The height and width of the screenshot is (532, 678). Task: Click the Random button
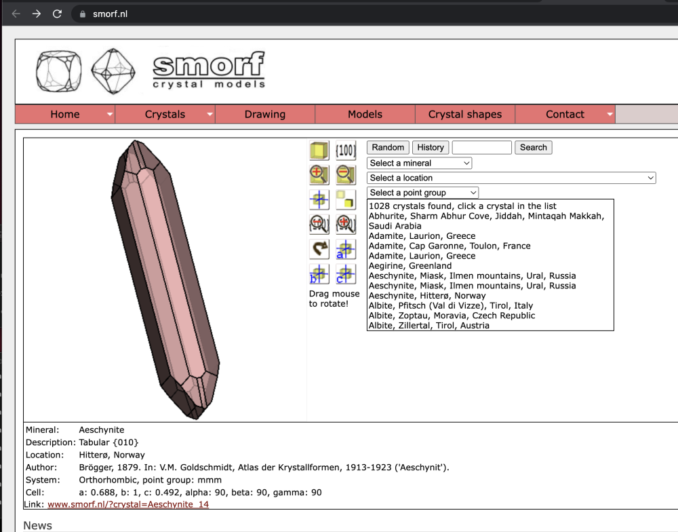388,147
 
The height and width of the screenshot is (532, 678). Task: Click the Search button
534,147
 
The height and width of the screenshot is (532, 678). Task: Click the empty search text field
481,147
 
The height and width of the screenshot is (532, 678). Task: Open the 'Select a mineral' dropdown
419,163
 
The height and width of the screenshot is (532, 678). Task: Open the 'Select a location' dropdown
511,178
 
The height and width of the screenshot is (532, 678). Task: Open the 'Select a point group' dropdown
422,193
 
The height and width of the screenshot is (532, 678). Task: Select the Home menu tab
65,114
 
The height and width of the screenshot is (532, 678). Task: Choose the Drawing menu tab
265,114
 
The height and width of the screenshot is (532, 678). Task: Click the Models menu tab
365,114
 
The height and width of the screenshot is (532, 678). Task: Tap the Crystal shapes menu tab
465,114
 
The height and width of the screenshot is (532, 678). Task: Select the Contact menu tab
565,114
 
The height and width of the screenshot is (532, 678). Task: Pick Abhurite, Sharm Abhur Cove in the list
485,216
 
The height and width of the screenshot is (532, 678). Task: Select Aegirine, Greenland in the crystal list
410,266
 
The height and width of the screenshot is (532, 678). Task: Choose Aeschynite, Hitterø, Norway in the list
426,296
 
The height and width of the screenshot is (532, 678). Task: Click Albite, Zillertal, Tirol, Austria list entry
428,326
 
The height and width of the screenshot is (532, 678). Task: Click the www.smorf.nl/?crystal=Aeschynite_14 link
128,505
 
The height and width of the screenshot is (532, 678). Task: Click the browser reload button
58,14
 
